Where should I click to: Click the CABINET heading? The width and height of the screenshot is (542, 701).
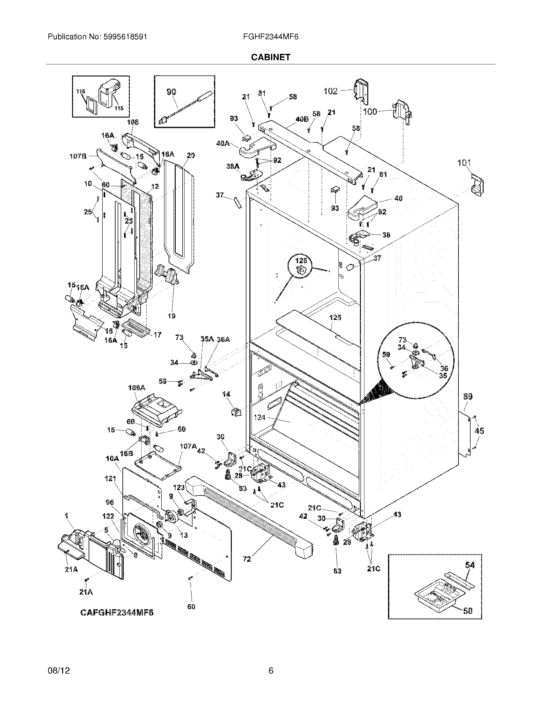tap(270, 57)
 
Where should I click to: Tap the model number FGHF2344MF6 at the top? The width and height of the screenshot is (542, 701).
tap(271, 37)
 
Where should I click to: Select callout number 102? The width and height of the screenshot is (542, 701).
tap(330, 91)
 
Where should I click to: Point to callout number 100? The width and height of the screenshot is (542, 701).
tap(370, 112)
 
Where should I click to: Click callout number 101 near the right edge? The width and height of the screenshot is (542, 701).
tap(464, 163)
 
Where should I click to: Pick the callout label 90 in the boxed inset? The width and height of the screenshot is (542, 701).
tap(171, 92)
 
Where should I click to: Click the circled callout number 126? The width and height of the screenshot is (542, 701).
tap(301, 261)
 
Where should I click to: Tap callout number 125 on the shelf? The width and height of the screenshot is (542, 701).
tap(335, 317)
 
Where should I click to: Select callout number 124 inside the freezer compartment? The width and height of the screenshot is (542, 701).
tap(260, 417)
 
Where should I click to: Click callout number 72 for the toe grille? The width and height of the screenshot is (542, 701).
tap(246, 559)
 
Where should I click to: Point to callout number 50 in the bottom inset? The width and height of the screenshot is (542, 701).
tap(468, 611)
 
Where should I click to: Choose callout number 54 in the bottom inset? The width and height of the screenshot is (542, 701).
tap(470, 565)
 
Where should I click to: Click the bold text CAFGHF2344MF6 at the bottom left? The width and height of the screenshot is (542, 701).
tap(117, 613)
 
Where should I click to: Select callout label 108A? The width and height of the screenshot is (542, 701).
tap(137, 388)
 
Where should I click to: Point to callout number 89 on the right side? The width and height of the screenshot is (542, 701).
tap(468, 396)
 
